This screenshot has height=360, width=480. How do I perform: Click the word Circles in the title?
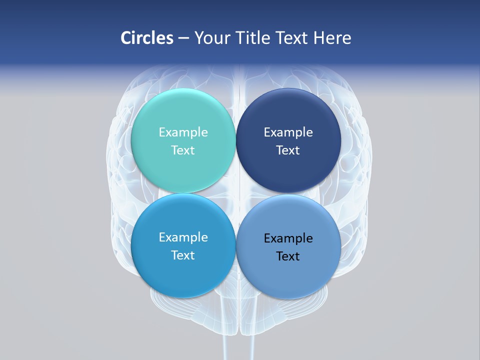pyautogui.click(x=146, y=38)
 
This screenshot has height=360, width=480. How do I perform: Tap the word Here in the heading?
pyautogui.click(x=332, y=38)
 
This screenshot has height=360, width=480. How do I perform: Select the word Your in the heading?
pyautogui.click(x=212, y=38)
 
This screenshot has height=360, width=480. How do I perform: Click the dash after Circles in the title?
pyautogui.click(x=183, y=38)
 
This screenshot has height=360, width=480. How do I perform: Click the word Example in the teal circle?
pyautogui.click(x=183, y=132)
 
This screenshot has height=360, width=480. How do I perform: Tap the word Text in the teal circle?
pyautogui.click(x=183, y=150)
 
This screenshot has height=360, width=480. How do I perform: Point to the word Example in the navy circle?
pyautogui.click(x=288, y=132)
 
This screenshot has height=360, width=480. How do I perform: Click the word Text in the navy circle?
pyautogui.click(x=288, y=150)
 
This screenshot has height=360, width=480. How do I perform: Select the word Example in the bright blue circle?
pyautogui.click(x=183, y=237)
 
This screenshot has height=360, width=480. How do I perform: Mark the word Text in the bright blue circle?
pyautogui.click(x=183, y=255)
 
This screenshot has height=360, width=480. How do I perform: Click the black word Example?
pyautogui.click(x=288, y=238)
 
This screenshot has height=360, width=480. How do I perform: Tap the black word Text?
pyautogui.click(x=288, y=256)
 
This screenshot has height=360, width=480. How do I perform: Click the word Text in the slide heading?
pyautogui.click(x=289, y=38)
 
